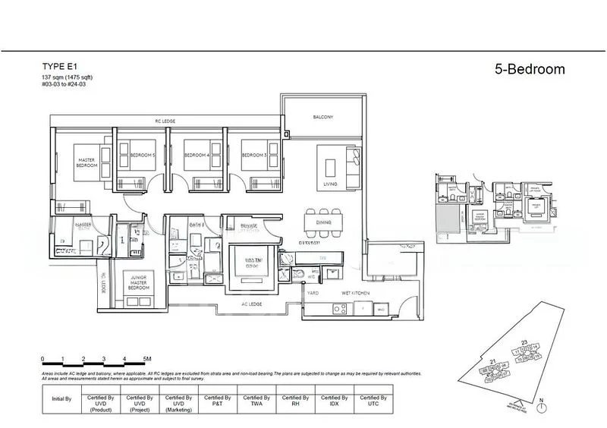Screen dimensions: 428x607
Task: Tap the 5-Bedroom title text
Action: tap(528, 69)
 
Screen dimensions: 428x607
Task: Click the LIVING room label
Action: tap(330, 184)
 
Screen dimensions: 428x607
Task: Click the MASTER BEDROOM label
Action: tap(86, 162)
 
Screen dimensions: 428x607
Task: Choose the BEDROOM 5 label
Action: tap(142, 156)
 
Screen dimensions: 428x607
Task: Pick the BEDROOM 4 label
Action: tap(197, 156)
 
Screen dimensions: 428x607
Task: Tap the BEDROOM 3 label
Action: tap(253, 156)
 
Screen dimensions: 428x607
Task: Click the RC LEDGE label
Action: tap(165, 121)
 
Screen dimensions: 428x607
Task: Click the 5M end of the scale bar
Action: tap(146, 357)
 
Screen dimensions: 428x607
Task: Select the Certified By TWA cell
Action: tap(257, 401)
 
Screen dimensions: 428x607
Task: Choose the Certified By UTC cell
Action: tap(373, 401)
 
